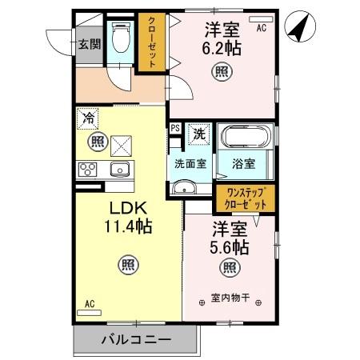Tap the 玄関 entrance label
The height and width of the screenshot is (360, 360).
[x=89, y=44]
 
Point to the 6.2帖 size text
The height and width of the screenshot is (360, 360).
[x=221, y=48]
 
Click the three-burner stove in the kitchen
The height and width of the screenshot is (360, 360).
[x=88, y=170]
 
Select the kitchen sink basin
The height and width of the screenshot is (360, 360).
[x=121, y=170]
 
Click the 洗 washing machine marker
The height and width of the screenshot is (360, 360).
[x=198, y=134]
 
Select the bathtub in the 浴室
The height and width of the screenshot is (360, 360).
[x=244, y=141]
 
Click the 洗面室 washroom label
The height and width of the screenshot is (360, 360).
[x=191, y=162]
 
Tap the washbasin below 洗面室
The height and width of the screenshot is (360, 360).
[x=184, y=190]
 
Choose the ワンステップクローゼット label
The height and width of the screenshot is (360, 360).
[x=244, y=198]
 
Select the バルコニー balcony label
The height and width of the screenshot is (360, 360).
[x=135, y=339]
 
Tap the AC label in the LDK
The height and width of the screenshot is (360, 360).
[x=90, y=304]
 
